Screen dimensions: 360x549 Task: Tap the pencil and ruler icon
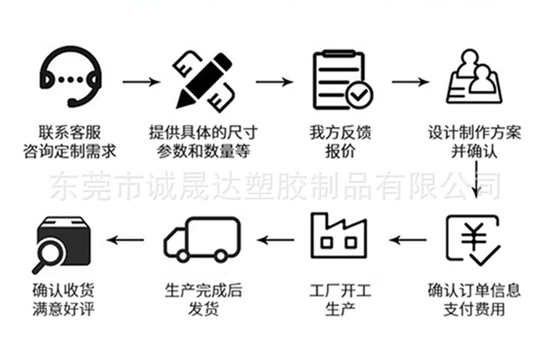click(203, 79)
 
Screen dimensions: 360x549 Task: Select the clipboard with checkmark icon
click(342, 79)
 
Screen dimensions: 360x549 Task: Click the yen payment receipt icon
click(473, 238)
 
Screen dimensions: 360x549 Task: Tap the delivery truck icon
click(202, 239)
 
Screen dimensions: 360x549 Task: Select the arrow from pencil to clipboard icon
click(274, 82)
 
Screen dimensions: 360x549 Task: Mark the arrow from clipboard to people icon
click(410, 82)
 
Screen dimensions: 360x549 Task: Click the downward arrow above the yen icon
click(475, 181)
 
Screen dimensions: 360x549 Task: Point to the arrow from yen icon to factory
click(407, 240)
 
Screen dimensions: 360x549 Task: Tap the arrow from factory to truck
click(275, 240)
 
